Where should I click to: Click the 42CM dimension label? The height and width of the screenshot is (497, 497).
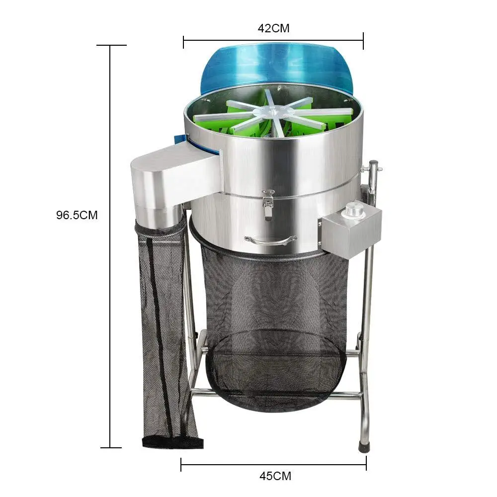[273, 28]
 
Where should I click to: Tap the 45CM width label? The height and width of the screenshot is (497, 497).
[275, 476]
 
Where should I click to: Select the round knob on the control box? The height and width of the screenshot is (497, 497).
[354, 209]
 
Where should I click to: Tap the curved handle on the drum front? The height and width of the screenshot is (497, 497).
[270, 241]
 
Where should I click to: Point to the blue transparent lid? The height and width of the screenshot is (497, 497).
[276, 67]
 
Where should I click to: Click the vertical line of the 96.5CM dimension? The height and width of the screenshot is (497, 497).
[110, 298]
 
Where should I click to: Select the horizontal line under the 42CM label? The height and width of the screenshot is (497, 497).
[273, 41]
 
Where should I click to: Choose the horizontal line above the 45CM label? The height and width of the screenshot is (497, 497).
[273, 464]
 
